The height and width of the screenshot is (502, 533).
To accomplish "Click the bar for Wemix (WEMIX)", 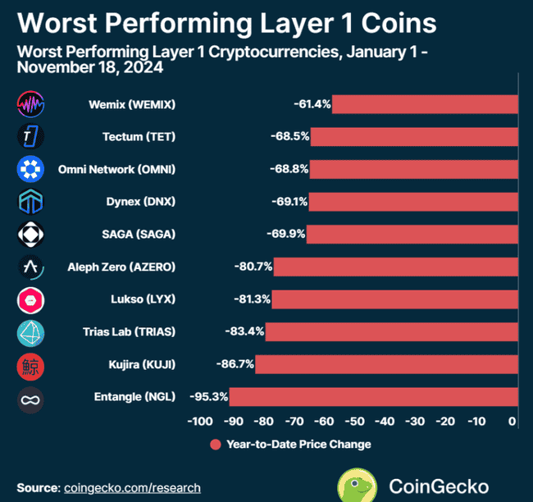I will point(425,104).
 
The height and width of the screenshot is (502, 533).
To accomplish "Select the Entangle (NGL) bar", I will point(373,397).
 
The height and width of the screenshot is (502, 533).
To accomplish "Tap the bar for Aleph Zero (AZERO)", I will point(396,267).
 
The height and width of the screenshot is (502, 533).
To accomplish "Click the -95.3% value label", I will point(208,397).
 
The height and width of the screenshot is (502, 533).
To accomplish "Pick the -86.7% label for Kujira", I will point(234,364).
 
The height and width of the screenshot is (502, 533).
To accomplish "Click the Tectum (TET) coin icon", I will point(30,137).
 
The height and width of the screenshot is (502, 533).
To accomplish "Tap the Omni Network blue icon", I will point(30,170).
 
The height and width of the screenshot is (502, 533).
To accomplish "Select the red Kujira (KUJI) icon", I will point(30,365).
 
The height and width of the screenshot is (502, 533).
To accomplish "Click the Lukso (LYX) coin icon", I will point(30,300).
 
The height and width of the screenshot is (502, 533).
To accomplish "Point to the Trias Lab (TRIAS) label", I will point(129,332).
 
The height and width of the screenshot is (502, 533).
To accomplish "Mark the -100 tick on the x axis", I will point(200,422).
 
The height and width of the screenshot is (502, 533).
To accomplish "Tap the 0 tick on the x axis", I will point(512,422).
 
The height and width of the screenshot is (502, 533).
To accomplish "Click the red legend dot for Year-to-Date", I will point(216,445).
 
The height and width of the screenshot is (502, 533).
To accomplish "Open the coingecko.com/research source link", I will point(132,488).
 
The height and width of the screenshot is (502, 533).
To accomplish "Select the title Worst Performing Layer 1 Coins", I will point(226,21).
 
